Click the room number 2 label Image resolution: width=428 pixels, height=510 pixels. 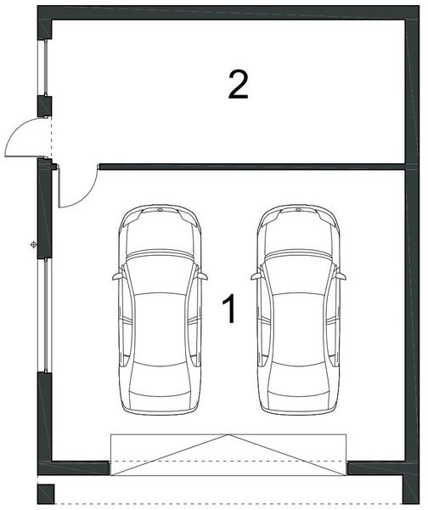tap(239, 85)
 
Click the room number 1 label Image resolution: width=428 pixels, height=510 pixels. tap(230, 309)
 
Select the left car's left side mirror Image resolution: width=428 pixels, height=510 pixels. tap(117, 276)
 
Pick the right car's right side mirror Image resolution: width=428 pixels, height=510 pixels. tap(341, 276)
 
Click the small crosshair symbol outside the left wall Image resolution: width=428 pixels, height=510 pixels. tap(33, 245)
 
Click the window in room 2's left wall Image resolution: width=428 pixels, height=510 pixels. tap(46, 68)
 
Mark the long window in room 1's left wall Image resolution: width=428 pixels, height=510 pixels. tap(46, 315)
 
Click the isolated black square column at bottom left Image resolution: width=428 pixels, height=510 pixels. tap(46, 495)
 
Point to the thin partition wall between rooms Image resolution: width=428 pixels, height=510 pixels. tap(252, 167)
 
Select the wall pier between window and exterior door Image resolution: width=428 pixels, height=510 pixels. tap(44, 106)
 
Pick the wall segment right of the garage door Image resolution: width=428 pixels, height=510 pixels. tap(376, 468)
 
